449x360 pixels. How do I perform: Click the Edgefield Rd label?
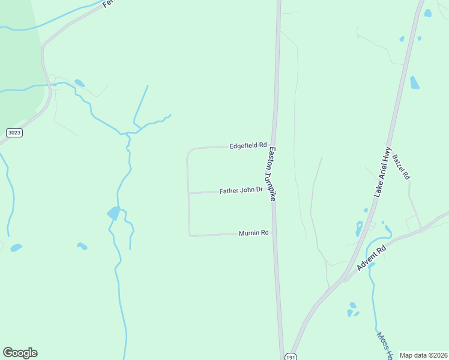pos(247,145)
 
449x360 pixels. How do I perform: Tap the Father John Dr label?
pos(241,190)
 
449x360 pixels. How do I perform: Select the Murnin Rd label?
pos(253,233)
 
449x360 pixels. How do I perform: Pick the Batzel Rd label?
pos(401,167)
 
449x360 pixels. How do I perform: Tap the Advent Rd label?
pos(370,257)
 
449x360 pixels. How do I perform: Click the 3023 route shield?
pos(14,132)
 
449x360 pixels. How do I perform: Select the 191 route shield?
pos(291,356)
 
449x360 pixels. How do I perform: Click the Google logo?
pos(20,353)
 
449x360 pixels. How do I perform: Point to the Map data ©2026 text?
pos(423,355)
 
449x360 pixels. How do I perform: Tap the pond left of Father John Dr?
pos(113,213)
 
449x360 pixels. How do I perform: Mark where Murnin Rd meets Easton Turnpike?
pos(274,232)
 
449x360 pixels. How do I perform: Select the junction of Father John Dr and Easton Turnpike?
pos(274,191)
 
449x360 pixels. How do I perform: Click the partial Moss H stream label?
pos(384,342)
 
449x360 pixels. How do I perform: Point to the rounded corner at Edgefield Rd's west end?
pos(189,151)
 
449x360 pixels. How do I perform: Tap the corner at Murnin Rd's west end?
pos(190,235)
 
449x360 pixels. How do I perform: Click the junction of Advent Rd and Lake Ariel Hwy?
pos(344,278)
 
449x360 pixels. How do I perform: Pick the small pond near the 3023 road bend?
pos(79,83)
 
